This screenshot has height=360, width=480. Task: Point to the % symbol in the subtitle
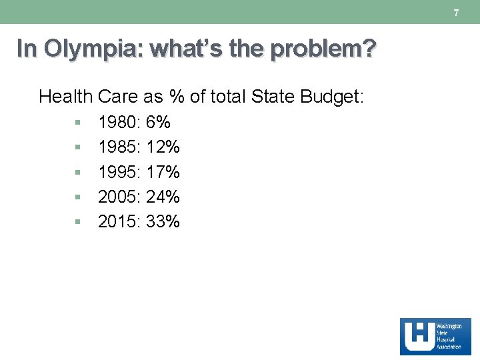(176, 97)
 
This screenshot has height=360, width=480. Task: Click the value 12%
(163, 147)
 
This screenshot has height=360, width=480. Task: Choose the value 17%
(163, 173)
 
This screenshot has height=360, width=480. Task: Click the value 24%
(163, 197)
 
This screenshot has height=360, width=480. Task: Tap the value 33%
(163, 222)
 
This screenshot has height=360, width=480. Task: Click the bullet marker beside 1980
(78, 123)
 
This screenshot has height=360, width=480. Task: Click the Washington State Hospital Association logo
(435, 336)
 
